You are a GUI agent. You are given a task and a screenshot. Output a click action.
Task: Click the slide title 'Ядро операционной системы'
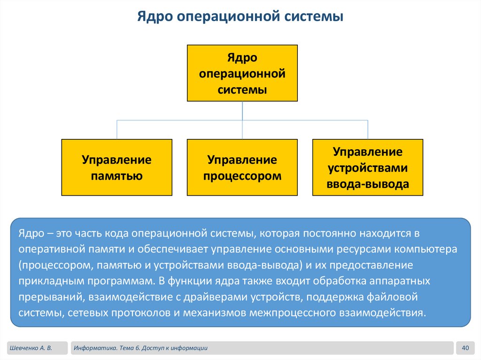(x=240, y=17)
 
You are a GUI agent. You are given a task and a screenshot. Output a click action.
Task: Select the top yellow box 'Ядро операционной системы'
(x=242, y=73)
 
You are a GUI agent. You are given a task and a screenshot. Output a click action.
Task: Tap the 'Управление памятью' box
(x=116, y=167)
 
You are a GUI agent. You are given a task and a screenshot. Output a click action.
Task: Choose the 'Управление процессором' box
(x=242, y=167)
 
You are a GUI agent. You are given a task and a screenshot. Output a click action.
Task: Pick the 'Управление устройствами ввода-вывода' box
(x=367, y=167)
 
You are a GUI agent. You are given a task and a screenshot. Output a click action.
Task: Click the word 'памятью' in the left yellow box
(x=116, y=176)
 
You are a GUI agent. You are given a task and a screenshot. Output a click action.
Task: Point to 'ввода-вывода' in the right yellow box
(x=367, y=184)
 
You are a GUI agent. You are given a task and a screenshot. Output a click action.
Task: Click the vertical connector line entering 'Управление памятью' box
(x=116, y=130)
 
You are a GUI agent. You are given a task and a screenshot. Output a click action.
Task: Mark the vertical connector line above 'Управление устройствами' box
(x=368, y=130)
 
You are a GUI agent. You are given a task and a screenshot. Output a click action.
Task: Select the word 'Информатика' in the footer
(x=95, y=348)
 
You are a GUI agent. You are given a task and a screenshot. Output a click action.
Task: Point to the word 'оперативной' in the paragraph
(x=47, y=249)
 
